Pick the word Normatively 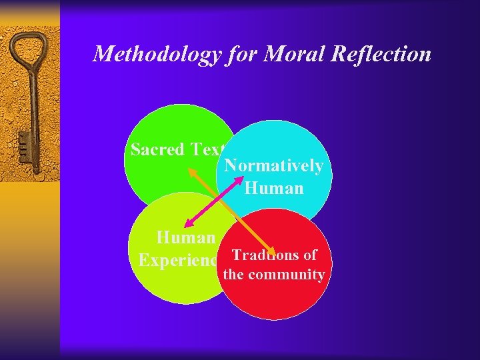tap(274, 165)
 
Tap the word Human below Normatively tap(274, 188)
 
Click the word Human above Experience tap(185, 237)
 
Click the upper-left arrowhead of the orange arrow tap(191, 173)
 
